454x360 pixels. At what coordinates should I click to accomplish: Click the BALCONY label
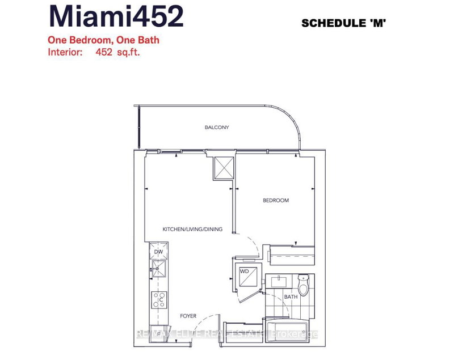(x=217, y=128)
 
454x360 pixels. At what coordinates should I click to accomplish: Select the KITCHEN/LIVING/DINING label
(x=192, y=230)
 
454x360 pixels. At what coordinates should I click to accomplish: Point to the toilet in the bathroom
(x=304, y=283)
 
